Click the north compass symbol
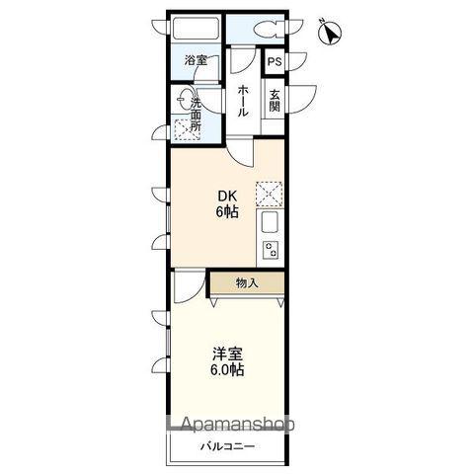(331, 33)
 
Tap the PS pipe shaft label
(275, 62)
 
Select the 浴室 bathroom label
(196, 60)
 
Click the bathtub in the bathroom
(197, 29)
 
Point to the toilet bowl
(267, 29)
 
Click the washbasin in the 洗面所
(184, 98)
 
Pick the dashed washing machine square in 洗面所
(187, 129)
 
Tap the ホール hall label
(243, 101)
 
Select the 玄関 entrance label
(275, 101)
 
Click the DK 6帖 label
(227, 204)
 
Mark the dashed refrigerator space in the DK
(269, 194)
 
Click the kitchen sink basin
(270, 222)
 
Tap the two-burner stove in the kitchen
(271, 250)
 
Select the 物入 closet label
(247, 282)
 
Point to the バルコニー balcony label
(228, 446)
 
